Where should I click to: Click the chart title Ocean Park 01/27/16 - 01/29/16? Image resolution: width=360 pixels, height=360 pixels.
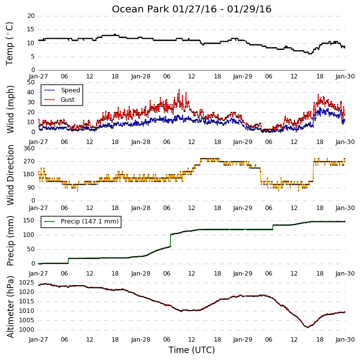coord(191,9)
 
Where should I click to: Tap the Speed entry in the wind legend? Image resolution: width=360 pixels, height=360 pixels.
coord(70,90)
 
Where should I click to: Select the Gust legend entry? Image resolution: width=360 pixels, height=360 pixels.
coord(68,100)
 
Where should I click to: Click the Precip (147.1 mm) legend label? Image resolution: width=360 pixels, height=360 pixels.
coord(90,221)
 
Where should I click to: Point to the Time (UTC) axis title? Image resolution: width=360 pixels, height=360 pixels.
coord(191,350)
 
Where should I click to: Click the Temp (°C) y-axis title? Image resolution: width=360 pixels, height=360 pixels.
coord(9,44)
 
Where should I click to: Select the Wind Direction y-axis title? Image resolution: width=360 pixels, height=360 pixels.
coord(10,175)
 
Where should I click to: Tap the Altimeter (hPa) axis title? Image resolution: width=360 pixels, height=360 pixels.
coord(10,307)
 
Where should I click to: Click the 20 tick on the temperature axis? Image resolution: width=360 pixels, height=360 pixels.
coord(31,16)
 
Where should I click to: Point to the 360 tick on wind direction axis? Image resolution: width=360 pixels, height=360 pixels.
coord(29,148)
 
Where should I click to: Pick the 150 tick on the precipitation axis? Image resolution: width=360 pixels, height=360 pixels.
coord(29,220)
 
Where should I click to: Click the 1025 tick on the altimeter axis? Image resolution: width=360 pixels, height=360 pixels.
coord(26,283)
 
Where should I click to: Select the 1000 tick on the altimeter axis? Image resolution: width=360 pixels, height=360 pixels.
coord(26,330)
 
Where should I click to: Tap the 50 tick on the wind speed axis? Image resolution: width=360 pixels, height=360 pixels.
coord(31,82)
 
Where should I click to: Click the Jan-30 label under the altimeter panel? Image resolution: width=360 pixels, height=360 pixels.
coord(345,340)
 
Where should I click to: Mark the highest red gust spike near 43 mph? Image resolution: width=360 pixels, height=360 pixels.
coord(179,90)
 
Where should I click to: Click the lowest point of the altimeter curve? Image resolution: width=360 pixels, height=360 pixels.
coord(308,327)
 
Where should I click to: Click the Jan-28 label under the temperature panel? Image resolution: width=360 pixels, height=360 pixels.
coord(141,76)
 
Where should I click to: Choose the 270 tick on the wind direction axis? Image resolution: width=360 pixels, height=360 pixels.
coord(29,161)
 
